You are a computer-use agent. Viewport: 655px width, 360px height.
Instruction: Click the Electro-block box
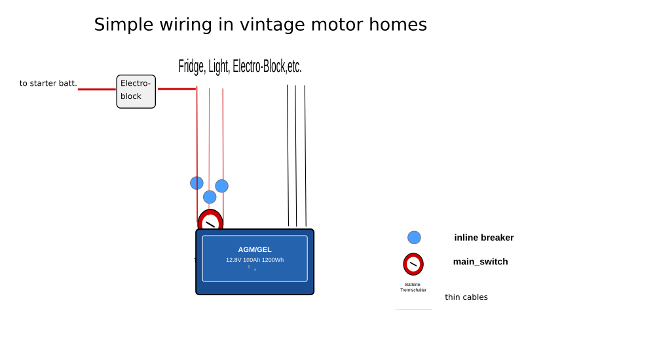[136, 91]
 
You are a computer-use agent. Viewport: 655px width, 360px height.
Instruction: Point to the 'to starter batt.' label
[48, 83]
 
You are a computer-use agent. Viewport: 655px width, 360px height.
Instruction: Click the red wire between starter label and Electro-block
[97, 89]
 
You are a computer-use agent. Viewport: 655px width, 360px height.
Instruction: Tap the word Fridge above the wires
[191, 67]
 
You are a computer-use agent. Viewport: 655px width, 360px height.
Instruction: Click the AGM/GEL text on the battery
[255, 249]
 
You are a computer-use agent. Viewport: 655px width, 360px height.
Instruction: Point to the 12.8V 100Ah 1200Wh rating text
[255, 260]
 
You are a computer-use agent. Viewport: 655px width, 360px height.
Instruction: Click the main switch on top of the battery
[210, 222]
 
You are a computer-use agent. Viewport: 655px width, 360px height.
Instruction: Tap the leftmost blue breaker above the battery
[196, 183]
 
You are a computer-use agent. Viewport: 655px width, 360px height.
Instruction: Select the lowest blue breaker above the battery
[210, 196]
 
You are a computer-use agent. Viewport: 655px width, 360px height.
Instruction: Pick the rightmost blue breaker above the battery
[222, 186]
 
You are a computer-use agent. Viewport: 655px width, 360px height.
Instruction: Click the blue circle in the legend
[414, 238]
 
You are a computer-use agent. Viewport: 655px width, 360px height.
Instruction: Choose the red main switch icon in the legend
[413, 264]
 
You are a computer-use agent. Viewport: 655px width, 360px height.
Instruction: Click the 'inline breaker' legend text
[483, 238]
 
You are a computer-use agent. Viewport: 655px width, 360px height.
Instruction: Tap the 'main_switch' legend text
[480, 262]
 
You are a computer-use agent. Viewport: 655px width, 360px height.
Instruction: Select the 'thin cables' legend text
[466, 297]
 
